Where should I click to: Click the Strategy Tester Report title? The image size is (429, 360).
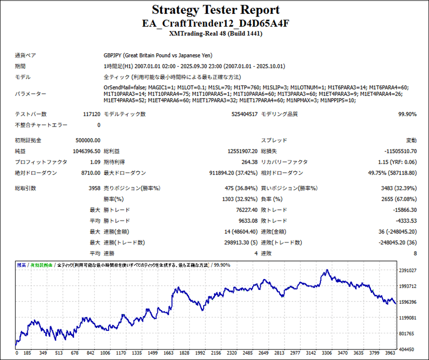tap(215, 10)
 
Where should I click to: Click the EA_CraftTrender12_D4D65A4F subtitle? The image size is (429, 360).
tap(215, 23)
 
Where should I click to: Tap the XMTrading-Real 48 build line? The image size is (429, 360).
tap(215, 34)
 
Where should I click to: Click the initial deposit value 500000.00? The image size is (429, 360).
tap(88, 140)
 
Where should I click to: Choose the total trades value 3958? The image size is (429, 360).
tap(93, 189)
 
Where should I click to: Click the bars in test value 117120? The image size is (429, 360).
tap(91, 114)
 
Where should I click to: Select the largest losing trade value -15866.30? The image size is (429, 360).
tap(401, 210)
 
